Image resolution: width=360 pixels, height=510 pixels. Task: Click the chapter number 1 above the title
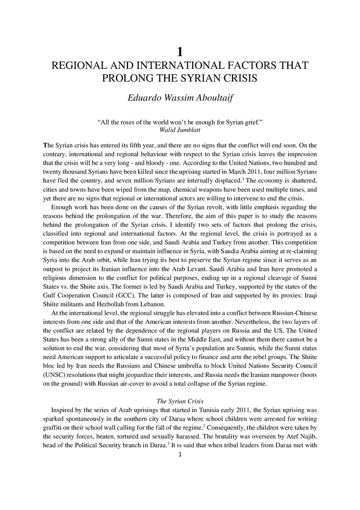179,51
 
